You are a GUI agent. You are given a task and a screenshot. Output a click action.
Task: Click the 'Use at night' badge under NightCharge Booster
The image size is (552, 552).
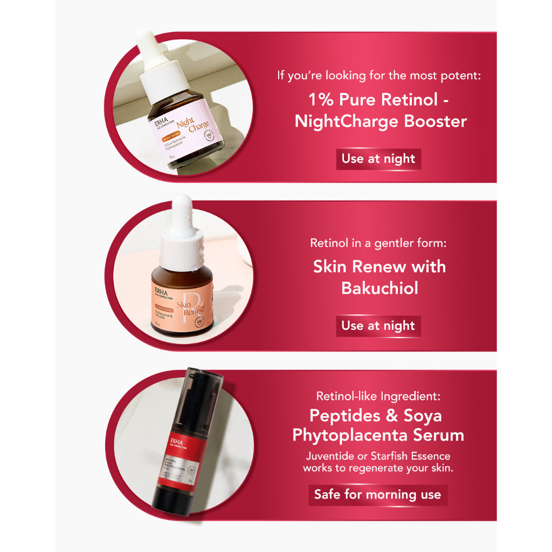click(x=378, y=159)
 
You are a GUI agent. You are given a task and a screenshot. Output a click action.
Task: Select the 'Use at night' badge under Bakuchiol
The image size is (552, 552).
click(x=378, y=326)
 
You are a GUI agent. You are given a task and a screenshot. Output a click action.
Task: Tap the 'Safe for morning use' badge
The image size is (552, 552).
click(x=377, y=495)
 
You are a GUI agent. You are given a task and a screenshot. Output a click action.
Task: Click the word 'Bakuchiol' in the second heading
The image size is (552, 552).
click(x=379, y=288)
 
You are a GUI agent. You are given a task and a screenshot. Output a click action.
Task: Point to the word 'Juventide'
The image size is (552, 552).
click(x=329, y=456)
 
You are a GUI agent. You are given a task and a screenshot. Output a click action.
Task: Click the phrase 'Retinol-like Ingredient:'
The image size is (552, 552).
click(x=378, y=397)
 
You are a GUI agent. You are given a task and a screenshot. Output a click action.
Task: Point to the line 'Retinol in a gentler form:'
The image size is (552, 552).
click(x=378, y=243)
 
